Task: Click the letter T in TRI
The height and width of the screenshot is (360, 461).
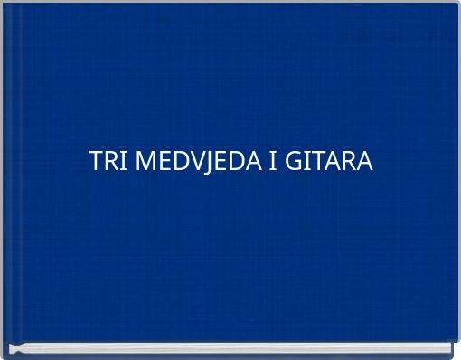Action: [x=95, y=163]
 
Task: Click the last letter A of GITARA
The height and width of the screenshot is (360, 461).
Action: [x=362, y=163]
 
